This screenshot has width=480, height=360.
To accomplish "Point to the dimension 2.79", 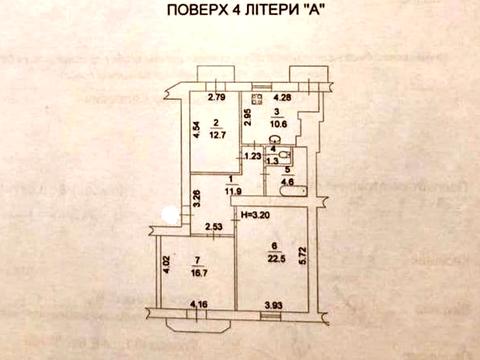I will pyautogui.click(x=217, y=98).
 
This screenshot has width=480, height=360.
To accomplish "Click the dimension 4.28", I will pyautogui.click(x=282, y=98).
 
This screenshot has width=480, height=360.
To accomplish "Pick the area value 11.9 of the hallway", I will pyautogui.click(x=236, y=189).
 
